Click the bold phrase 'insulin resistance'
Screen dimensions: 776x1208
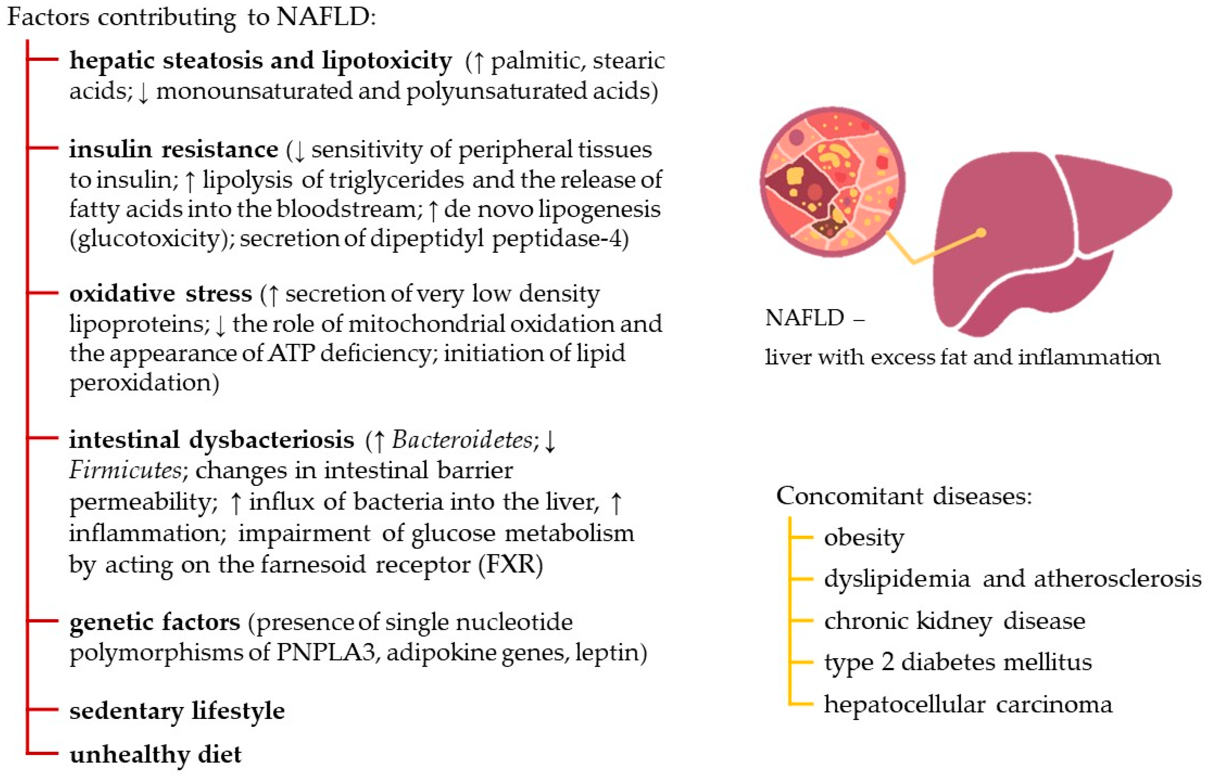tap(173, 150)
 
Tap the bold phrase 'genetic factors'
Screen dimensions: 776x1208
tap(154, 622)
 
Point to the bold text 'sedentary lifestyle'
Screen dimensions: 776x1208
tap(177, 711)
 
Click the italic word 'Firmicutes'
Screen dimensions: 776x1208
tap(125, 470)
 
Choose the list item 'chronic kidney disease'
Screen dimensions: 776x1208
tap(954, 621)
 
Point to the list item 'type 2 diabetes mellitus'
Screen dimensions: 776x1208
tap(958, 662)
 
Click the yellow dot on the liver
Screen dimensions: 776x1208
tap(981, 233)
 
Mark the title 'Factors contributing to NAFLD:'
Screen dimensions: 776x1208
tap(192, 17)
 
